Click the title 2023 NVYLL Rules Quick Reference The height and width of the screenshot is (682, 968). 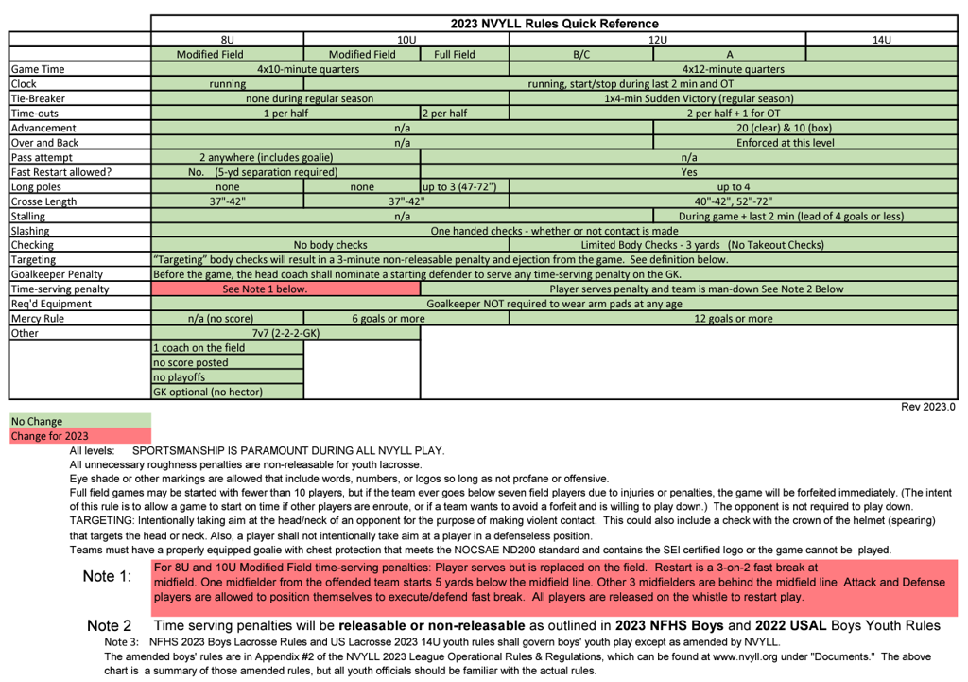pos(554,24)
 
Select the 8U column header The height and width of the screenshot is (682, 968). pos(227,40)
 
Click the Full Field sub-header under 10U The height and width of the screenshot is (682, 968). pos(455,55)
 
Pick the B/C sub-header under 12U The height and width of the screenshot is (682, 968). pos(581,55)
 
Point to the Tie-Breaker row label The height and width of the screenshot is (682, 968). pos(38,98)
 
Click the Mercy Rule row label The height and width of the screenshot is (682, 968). pos(38,319)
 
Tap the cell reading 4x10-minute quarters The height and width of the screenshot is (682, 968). pos(308,69)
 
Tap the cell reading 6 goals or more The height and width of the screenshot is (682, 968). pos(389,319)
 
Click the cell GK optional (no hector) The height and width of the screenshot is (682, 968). pos(208,392)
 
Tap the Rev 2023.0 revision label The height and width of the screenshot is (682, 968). pos(928,407)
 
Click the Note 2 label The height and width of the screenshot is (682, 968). pos(109,625)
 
